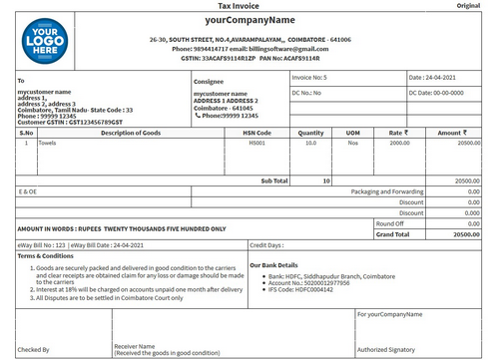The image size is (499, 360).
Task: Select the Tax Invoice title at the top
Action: coord(249,6)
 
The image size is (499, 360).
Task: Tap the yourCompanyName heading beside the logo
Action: coord(249,20)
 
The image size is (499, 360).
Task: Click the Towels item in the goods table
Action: coord(47,143)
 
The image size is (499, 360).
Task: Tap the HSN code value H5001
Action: coord(258,143)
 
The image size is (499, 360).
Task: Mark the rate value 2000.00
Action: coord(399,143)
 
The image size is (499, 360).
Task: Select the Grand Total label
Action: coord(390,234)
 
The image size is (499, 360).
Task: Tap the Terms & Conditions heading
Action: coord(46,255)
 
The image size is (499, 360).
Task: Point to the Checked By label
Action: coord(34,349)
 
